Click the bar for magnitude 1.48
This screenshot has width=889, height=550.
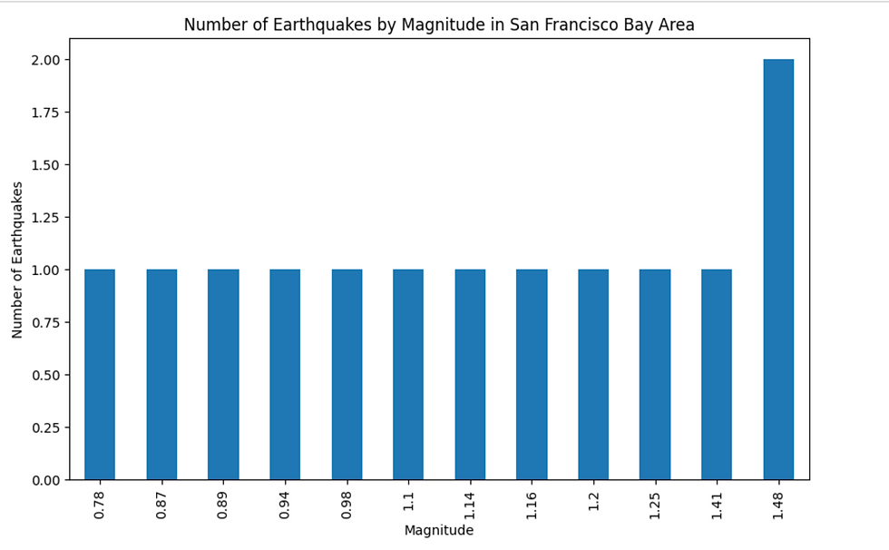(x=778, y=270)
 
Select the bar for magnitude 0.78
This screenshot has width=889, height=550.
(x=100, y=374)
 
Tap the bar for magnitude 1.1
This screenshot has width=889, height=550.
(x=408, y=374)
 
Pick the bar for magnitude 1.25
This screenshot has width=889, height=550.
(x=655, y=374)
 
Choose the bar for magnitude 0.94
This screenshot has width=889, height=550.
(x=285, y=374)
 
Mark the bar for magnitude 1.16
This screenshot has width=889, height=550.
(x=532, y=374)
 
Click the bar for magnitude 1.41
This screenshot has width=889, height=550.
(x=717, y=374)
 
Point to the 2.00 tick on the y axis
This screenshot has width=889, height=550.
(x=45, y=60)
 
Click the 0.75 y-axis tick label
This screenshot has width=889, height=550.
(x=45, y=322)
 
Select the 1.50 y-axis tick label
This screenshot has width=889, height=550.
(x=45, y=165)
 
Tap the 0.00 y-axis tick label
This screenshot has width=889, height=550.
(x=45, y=480)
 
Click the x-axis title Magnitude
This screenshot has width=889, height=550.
(x=439, y=531)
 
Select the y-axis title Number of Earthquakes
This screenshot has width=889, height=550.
(x=18, y=260)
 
